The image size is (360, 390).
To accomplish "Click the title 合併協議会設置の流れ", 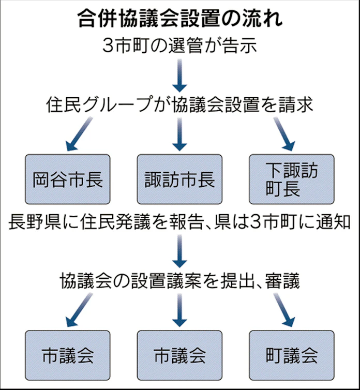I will (180, 19).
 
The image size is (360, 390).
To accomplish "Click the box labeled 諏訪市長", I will (179, 179).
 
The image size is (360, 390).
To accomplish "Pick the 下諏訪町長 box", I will (291, 179).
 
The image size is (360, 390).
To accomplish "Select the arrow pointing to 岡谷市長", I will (78, 133).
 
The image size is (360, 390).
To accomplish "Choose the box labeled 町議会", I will (291, 355).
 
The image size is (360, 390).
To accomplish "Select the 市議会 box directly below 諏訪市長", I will (179, 355).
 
